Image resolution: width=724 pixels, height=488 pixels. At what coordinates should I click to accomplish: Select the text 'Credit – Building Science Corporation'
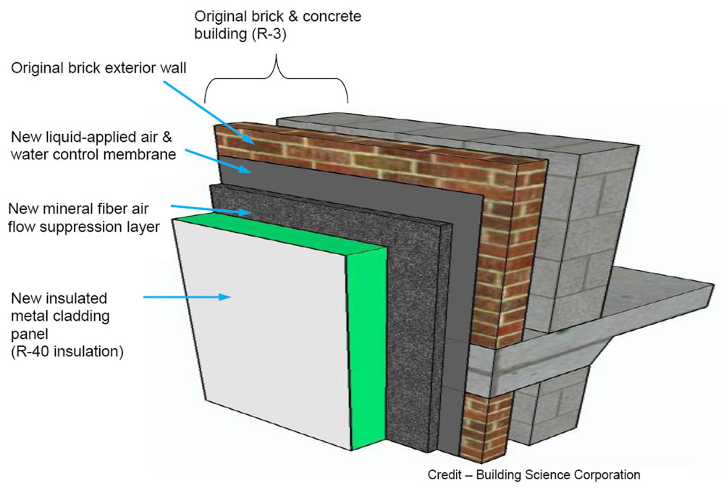(534, 475)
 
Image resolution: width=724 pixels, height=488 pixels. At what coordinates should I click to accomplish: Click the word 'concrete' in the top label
(329, 15)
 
